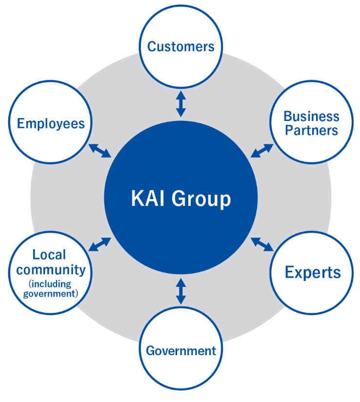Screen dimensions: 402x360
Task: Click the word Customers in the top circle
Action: [x=180, y=47]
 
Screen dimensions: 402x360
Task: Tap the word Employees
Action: [x=51, y=123]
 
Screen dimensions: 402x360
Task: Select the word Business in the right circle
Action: [x=311, y=117]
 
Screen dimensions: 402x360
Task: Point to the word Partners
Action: [x=311, y=130]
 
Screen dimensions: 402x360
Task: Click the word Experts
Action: [x=313, y=272]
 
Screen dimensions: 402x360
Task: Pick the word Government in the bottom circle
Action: [x=180, y=350]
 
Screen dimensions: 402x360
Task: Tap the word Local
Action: [x=49, y=255]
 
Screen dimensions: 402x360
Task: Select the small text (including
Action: [x=50, y=283]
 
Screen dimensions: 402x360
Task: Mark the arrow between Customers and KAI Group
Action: [x=180, y=104]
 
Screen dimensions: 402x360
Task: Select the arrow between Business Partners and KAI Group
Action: [x=262, y=151]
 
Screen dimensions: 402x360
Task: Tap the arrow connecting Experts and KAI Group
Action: [x=262, y=244]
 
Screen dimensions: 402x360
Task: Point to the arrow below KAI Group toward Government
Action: [x=180, y=291]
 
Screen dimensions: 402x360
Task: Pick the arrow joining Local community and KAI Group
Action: [x=100, y=244]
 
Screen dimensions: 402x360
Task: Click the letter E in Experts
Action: [x=289, y=272]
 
